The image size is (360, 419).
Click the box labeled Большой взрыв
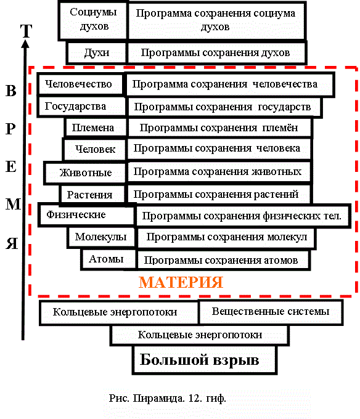[205, 360]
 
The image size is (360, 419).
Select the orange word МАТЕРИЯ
[181, 282]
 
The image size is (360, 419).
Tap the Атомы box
[108, 259]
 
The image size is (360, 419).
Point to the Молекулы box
[101, 237]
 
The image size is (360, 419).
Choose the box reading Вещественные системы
[271, 312]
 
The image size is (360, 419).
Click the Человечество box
[81, 84]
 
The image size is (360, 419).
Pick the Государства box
[81, 107]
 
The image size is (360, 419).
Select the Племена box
[95, 128]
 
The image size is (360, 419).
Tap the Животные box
[84, 173]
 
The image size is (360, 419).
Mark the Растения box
[92, 195]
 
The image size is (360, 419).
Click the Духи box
[97, 52]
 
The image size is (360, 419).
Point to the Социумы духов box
[92, 20]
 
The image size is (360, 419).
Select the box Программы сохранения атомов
[223, 260]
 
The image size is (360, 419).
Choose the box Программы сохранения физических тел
[243, 216]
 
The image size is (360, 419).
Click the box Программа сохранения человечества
[229, 84]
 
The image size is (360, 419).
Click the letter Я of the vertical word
[12, 243]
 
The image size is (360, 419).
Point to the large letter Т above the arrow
[26, 31]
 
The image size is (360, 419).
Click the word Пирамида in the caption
[158, 399]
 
